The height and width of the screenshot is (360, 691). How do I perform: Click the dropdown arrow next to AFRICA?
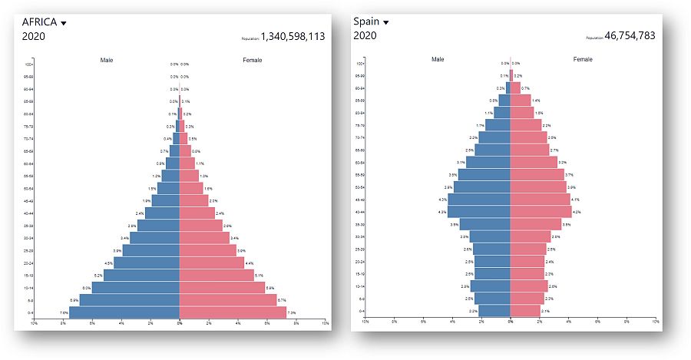[64, 23]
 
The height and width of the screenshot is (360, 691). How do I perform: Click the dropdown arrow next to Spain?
[386, 22]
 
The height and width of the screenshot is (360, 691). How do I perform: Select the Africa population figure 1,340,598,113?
[293, 35]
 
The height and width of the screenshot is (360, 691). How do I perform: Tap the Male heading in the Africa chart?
[107, 60]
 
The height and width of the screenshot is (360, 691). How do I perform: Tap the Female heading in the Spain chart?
[583, 59]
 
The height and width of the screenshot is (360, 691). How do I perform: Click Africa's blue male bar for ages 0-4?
[124, 312]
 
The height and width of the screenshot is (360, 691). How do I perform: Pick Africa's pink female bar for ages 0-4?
[232, 312]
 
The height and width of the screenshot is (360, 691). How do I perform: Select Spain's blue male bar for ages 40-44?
[479, 212]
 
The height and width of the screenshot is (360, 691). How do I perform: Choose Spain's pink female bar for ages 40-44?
[541, 212]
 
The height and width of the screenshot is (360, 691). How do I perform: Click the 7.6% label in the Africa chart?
[63, 313]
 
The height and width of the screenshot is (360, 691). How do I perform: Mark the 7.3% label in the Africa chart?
[292, 313]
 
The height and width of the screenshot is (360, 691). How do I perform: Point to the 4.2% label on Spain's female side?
[577, 212]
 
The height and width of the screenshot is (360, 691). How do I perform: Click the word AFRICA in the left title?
[40, 21]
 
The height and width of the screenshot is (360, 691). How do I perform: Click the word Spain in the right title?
[366, 21]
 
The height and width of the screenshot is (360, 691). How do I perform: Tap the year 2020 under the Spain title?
[365, 35]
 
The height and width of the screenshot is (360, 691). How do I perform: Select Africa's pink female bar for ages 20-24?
[211, 263]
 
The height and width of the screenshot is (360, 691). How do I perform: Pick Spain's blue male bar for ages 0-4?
[494, 311]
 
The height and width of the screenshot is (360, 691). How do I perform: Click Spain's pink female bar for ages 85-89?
[521, 101]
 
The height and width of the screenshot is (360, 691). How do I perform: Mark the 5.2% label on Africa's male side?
[98, 275]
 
